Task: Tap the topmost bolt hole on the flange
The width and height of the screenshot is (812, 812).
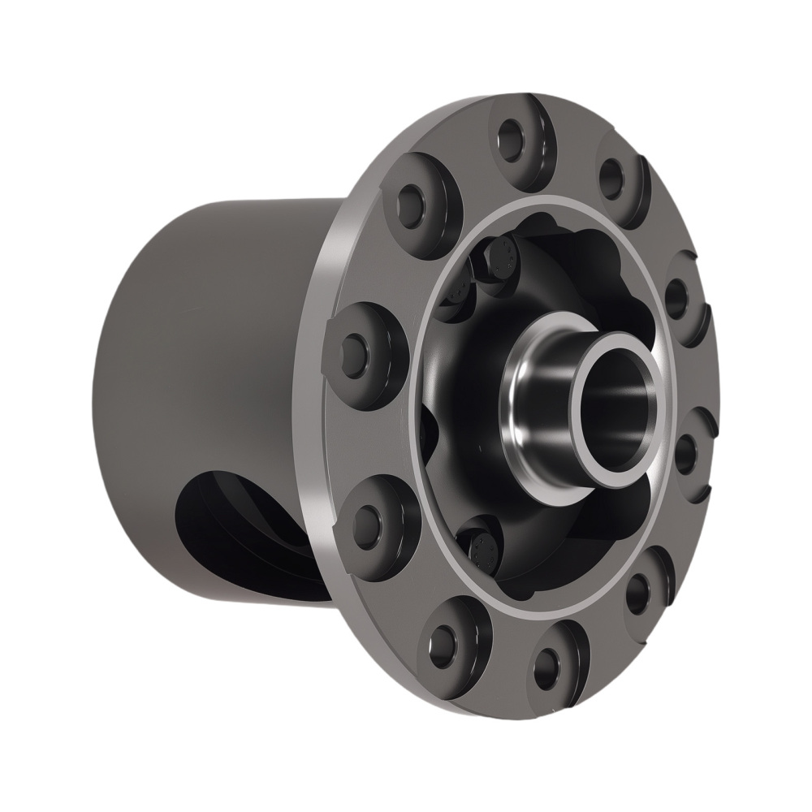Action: tap(515, 132)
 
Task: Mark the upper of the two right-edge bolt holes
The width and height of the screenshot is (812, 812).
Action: tap(676, 299)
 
